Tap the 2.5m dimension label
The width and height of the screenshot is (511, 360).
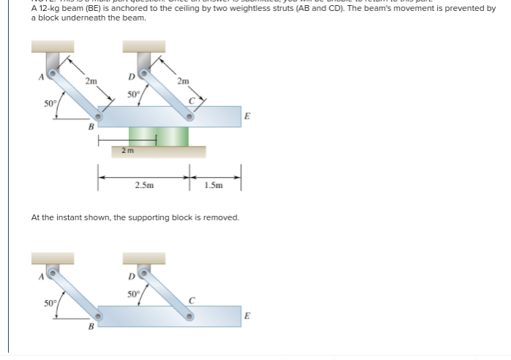pos(144,186)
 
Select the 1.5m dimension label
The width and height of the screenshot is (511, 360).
pos(214,186)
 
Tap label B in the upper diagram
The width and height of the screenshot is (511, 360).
pos(91,126)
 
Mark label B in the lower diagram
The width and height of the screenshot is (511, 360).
pos(91,327)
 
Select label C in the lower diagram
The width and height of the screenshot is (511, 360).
pos(191,300)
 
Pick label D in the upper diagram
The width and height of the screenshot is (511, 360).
pos(131,75)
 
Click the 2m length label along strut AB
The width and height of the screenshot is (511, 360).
pos(90,80)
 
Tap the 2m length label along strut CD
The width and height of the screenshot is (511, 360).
pos(183,80)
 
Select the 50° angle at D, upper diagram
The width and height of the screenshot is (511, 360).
pos(133,94)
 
